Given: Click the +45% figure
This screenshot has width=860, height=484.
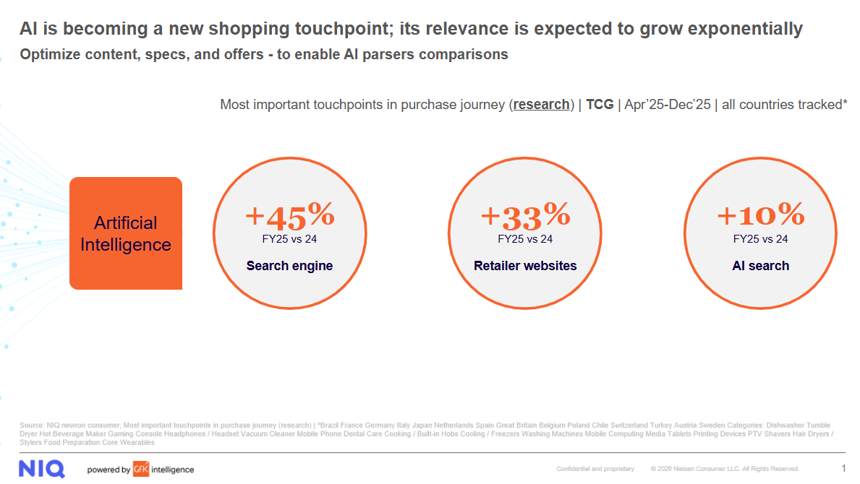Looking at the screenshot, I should coord(289,215).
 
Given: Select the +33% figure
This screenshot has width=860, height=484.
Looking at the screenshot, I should coord(525,215).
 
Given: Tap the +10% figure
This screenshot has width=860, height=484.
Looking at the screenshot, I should coord(760,215).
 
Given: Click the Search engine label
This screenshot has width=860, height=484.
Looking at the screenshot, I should coord(289,266).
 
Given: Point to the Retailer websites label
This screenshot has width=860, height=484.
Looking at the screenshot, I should coord(525,266).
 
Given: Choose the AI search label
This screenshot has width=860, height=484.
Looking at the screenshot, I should coord(760,266).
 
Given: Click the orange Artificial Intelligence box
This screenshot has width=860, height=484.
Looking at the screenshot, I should coord(126,233).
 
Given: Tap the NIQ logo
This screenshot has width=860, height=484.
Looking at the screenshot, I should coord(42,469).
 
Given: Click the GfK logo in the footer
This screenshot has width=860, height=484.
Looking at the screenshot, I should coord(140,470).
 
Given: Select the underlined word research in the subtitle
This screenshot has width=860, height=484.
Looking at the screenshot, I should coord(541,105).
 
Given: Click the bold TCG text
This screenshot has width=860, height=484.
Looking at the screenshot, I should coord(600,105).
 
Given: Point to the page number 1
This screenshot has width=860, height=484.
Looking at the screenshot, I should coord(843,469).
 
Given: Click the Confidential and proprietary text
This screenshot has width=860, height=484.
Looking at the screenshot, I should coord(595,470).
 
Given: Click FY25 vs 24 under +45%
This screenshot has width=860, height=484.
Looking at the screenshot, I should coord(289,239).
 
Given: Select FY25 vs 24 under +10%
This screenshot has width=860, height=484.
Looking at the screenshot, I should coord(760,239).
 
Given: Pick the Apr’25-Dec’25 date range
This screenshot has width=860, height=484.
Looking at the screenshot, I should coord(666,105).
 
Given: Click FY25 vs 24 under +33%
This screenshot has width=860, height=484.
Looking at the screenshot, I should coord(525,239).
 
